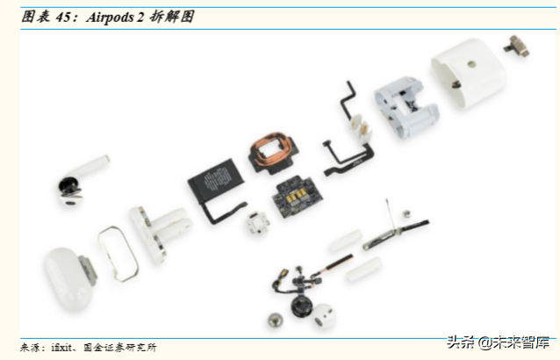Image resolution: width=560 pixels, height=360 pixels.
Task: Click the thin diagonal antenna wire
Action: click(x=387, y=214)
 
